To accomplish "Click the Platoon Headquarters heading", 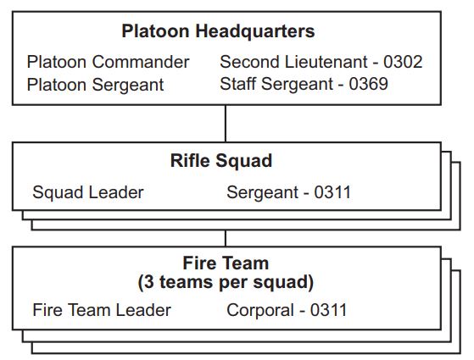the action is pos(218,31).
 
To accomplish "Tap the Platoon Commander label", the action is pos(108,62).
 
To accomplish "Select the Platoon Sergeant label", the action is pos(95,85).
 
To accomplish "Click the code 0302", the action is pos(403,62).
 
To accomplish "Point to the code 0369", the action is pos(369,84).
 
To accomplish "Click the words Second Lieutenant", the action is pos(293,62).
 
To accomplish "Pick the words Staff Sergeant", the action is pos(276,84).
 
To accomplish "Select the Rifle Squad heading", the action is pos(221,161).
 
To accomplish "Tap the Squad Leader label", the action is pos(88,192).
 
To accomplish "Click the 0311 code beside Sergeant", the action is pos(332,192).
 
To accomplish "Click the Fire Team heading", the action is pos(226,263).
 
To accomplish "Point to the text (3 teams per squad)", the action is pos(226,282).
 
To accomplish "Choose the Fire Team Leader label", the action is pos(102,310).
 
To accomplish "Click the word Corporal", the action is pos(260,311).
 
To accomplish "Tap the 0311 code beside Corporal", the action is pos(328,310).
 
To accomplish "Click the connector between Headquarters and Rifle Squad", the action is pos(226,124).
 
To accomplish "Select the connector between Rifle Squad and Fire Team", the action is pos(226,239).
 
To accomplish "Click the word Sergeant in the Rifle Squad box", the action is pos(263,192).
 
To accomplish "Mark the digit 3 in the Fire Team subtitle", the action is pos(148,282).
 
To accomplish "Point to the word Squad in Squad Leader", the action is pos(58,192).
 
